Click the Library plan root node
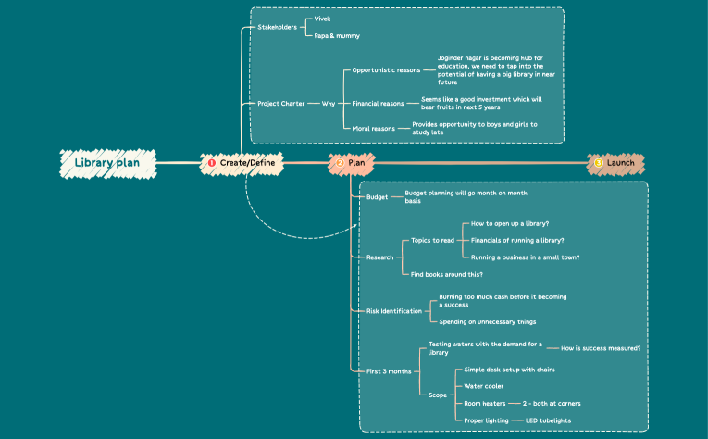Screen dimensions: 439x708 [106, 164]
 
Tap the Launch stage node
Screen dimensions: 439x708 [616, 164]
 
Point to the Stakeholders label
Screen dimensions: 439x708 [278, 27]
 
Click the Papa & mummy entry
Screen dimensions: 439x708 [337, 36]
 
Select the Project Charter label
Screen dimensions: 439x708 [282, 103]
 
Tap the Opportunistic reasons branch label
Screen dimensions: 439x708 [387, 69]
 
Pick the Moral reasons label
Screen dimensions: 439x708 [374, 128]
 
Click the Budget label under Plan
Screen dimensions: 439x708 [378, 197]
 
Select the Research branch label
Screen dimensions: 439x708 [380, 257]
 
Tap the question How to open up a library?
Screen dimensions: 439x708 [511, 224]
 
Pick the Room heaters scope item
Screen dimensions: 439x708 [486, 403]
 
